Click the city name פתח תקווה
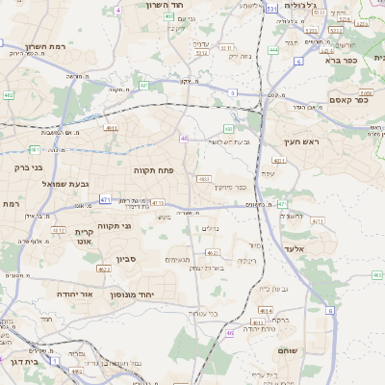153,169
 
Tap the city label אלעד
294,247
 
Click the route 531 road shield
272,8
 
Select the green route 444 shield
274,49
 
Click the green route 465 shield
377,275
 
